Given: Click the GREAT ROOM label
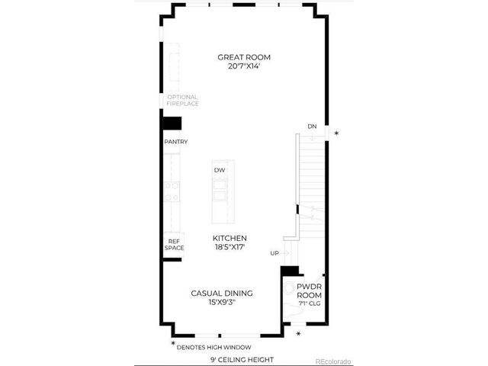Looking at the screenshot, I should pyautogui.click(x=244, y=57).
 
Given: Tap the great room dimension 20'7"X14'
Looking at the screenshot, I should pyautogui.click(x=244, y=67).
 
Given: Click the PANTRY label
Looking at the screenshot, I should pyautogui.click(x=175, y=142).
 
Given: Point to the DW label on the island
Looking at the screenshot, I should pyautogui.click(x=219, y=170).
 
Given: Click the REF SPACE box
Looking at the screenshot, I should pyautogui.click(x=173, y=244).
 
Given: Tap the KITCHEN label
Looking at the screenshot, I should pyautogui.click(x=230, y=238).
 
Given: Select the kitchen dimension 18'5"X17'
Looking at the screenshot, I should pyautogui.click(x=230, y=248).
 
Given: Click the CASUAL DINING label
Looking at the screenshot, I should pyautogui.click(x=222, y=293).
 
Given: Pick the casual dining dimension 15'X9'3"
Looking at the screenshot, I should pyautogui.click(x=222, y=303).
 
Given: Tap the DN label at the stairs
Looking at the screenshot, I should pyautogui.click(x=312, y=126).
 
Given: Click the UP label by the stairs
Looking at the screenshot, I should pyautogui.click(x=274, y=252).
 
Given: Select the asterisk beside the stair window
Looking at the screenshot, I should pyautogui.click(x=336, y=133).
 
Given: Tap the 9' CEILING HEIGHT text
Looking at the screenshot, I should pyautogui.click(x=242, y=359).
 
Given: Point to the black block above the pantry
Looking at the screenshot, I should pyautogui.click(x=172, y=124).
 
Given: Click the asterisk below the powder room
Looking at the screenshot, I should pyautogui.click(x=298, y=334).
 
